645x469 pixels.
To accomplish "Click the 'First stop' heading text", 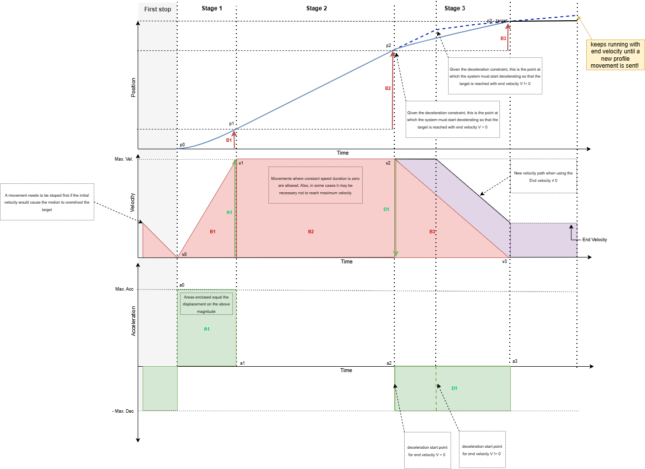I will click(157, 9).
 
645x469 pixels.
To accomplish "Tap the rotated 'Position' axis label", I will click(133, 87).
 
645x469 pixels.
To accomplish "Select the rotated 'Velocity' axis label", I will click(133, 202).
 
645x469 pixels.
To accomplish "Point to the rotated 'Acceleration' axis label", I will click(133, 321).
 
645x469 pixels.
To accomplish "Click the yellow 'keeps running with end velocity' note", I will click(615, 55).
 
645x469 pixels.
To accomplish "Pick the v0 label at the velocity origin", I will click(184, 255).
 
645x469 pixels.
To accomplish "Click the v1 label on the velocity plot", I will click(241, 163).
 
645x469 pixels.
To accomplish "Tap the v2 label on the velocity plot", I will click(388, 163).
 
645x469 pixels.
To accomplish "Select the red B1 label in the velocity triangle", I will click(213, 231).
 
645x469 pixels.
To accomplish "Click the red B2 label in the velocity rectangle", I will click(311, 231).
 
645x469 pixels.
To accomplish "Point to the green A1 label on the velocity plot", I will click(229, 213).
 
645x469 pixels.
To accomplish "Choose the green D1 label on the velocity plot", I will click(386, 210).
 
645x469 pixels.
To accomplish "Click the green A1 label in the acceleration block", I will click(207, 329).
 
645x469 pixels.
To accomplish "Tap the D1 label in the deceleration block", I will click(455, 388).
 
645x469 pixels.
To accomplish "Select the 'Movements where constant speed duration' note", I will click(315, 185).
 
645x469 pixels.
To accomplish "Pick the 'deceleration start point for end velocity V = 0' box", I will click(427, 451).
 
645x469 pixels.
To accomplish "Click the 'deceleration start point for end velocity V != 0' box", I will click(482, 450).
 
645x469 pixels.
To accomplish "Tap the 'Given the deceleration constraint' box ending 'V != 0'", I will click(495, 76).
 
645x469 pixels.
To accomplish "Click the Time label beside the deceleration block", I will click(346, 370).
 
